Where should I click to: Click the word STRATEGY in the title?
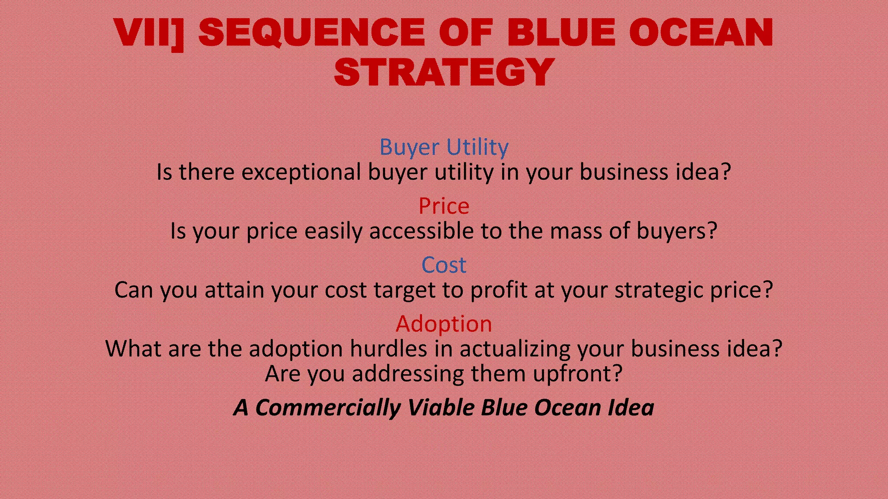tap(444, 71)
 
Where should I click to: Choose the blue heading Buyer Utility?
tap(444, 147)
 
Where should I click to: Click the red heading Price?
tap(444, 206)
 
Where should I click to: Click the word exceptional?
tap(301, 172)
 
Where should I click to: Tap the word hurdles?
tap(388, 349)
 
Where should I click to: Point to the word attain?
tap(234, 290)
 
